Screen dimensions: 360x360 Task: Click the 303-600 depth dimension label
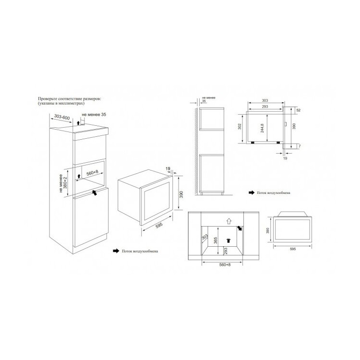coord(62,117)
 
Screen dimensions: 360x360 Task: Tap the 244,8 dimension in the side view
coord(262,128)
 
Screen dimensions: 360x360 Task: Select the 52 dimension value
coord(298,110)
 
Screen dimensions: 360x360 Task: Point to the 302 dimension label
coord(240,127)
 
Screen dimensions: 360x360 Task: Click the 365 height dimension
coord(216,240)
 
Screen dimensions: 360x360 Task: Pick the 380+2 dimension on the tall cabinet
coord(65,183)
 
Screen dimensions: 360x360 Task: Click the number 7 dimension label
coord(300,146)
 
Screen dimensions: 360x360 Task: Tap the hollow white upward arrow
coord(228,221)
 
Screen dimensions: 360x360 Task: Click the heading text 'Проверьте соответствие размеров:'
coord(69,99)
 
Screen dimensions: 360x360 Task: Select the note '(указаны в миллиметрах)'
coord(61,103)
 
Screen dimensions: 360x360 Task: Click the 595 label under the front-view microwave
coord(293,249)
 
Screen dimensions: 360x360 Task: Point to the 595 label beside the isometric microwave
coord(159,226)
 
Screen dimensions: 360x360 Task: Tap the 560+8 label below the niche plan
coord(225,264)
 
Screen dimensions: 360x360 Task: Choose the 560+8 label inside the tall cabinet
coord(92,173)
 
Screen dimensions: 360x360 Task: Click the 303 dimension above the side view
coord(264,101)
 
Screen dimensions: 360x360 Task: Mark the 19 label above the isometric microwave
coord(168,169)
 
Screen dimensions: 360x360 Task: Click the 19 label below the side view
coord(285,158)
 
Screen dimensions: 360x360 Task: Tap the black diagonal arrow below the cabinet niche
coord(94,192)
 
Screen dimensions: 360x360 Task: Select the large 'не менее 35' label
coord(94,114)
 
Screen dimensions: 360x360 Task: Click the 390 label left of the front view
coord(268,231)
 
